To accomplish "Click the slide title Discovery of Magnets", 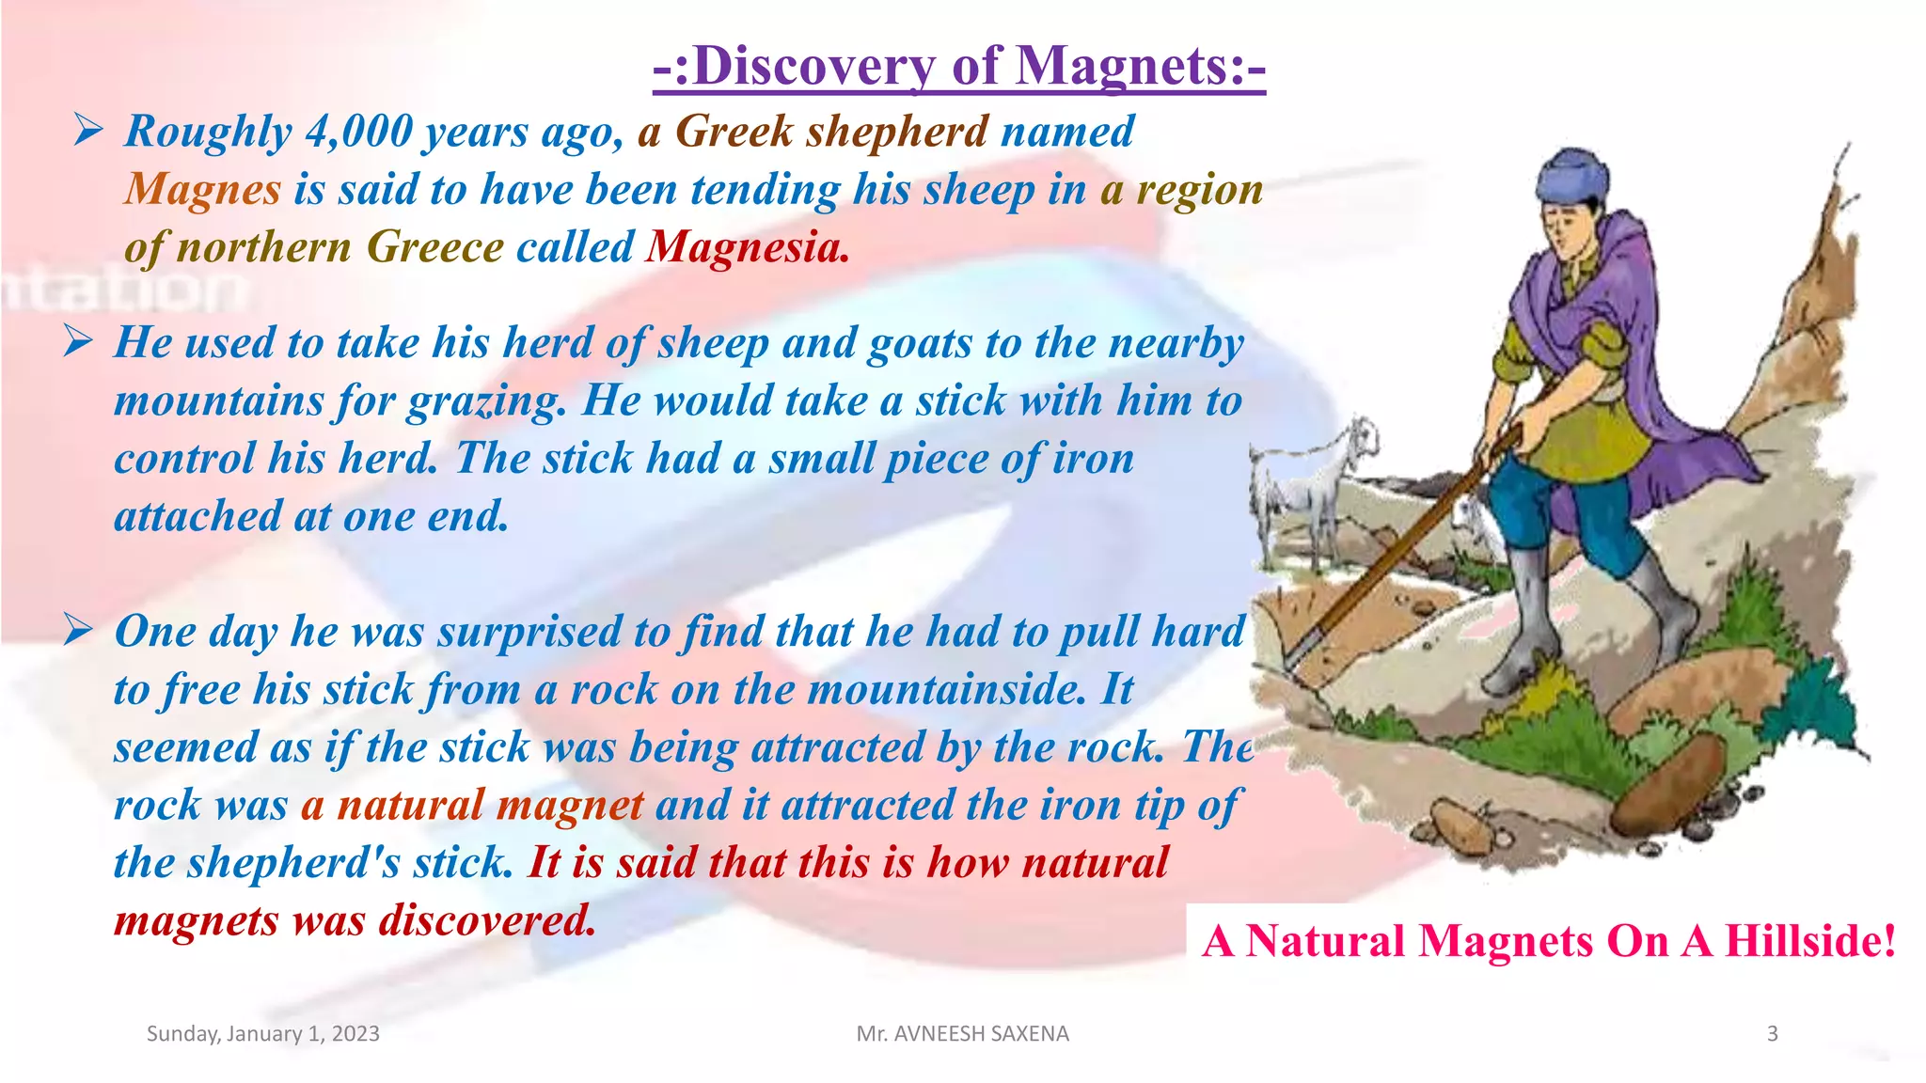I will tap(959, 68).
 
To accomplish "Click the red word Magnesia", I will tap(748, 247).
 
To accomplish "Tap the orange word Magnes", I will tap(202, 190).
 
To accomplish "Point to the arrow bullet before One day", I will tap(78, 629).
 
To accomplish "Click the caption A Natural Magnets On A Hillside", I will tap(1548, 940).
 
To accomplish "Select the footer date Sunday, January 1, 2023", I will tap(263, 1033).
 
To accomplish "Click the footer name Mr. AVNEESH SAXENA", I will tap(962, 1033).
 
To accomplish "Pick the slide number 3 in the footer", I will tap(1772, 1033).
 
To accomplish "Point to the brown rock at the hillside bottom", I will tap(1669, 780).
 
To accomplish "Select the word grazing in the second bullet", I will tap(486, 401).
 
